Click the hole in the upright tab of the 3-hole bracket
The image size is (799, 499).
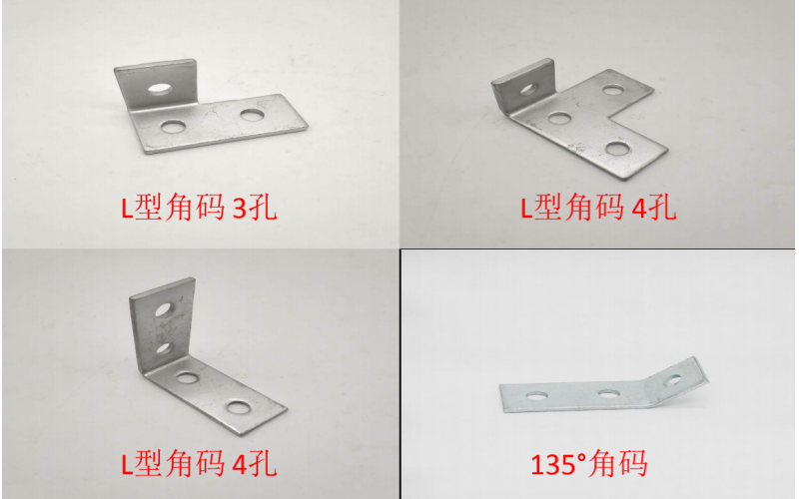click(x=160, y=89)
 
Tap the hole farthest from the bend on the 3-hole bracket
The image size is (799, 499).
click(x=252, y=115)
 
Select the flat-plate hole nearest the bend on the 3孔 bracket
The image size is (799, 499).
click(x=174, y=126)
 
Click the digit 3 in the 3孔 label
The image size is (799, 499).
click(x=239, y=209)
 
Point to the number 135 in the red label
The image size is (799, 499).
click(x=554, y=464)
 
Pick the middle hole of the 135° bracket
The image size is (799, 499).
click(x=609, y=393)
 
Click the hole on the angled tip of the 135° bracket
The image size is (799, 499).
click(x=672, y=380)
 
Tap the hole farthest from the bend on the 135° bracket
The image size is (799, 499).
click(x=537, y=395)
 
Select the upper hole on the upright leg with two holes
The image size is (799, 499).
click(x=164, y=309)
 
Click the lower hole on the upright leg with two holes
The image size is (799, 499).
click(x=164, y=348)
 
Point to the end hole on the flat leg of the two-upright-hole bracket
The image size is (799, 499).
click(x=238, y=407)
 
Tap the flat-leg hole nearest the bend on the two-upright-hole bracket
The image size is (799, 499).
click(x=187, y=377)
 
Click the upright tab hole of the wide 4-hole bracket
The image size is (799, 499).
click(x=528, y=90)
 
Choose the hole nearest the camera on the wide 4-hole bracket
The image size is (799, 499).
click(x=618, y=148)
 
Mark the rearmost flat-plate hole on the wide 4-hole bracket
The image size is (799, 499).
click(x=613, y=91)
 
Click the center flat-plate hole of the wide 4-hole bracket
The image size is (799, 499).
click(x=560, y=118)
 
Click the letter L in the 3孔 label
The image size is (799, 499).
click(x=127, y=209)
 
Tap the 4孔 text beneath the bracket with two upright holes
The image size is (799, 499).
click(x=255, y=463)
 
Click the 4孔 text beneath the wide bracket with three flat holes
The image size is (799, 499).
click(x=654, y=208)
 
